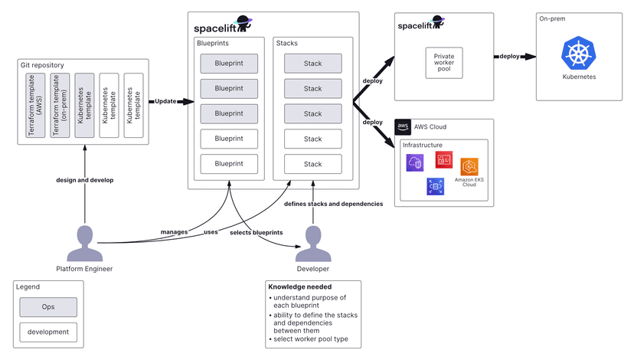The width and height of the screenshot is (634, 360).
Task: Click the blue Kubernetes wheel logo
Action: (x=580, y=53)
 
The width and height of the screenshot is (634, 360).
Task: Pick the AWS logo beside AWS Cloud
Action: (x=403, y=126)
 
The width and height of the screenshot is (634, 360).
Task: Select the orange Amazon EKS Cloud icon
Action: (x=469, y=166)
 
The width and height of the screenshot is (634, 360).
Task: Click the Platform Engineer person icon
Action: (x=84, y=244)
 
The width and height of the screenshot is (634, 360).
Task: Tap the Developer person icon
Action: (x=312, y=244)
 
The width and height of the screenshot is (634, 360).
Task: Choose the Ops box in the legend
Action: (x=48, y=306)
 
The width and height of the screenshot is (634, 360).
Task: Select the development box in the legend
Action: (x=48, y=332)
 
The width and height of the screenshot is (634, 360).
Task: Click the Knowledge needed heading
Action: (x=299, y=286)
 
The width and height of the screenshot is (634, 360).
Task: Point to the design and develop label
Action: (x=85, y=180)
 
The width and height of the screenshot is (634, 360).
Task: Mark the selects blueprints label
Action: (x=256, y=232)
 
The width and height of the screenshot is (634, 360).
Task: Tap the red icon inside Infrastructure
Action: (x=443, y=159)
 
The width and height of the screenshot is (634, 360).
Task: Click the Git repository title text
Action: (x=43, y=65)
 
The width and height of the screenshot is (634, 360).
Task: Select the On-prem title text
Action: (x=552, y=18)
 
